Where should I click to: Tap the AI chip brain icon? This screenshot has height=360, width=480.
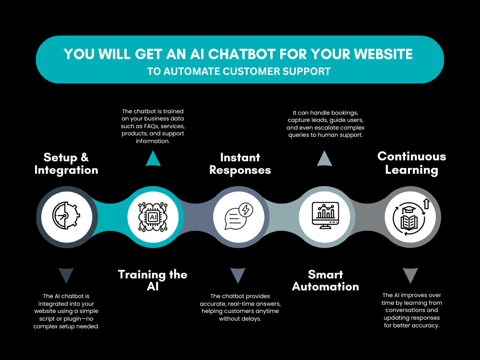(153, 217)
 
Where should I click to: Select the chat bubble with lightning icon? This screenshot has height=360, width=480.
(239, 216)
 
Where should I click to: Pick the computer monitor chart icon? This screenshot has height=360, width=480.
(325, 215)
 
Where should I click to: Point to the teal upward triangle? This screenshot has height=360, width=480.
(153, 158)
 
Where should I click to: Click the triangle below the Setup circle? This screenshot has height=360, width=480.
(66, 276)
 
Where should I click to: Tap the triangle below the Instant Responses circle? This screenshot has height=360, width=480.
(238, 276)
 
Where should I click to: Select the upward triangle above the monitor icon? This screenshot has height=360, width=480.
(324, 158)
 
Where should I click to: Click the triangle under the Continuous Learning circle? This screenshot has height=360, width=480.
(410, 276)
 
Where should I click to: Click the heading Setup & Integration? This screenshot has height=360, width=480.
(66, 164)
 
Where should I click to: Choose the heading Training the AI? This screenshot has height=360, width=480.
(153, 280)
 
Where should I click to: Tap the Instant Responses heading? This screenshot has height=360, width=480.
(240, 164)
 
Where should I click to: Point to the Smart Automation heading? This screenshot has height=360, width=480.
(325, 280)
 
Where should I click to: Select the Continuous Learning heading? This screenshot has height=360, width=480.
(411, 163)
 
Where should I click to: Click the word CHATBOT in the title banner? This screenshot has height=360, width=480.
(241, 54)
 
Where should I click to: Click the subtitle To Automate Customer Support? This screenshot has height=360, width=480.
(239, 72)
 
